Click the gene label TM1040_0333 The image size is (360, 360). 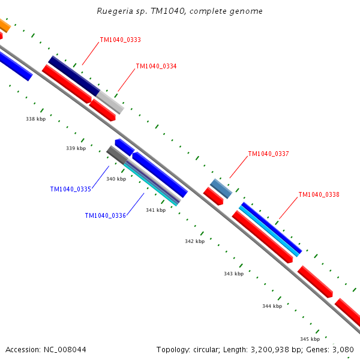point(120,40)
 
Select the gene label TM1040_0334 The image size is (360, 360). point(156,66)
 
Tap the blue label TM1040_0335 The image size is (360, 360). point(70,189)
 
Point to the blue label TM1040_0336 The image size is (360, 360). point(105,215)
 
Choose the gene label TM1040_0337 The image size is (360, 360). point(268,154)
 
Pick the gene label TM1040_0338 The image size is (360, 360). point(319,194)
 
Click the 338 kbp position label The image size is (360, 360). point(35,119)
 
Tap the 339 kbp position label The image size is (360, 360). point(76,148)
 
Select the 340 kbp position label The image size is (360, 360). point(116,179)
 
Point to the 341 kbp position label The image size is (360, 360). point(155,210)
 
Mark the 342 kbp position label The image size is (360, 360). point(194,241)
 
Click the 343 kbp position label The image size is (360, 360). point(233,274)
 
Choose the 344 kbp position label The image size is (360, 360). point(272,306)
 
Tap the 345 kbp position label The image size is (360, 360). point(310,339)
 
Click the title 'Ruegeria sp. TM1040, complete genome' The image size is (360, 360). point(179,11)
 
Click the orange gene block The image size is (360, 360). point(4,26)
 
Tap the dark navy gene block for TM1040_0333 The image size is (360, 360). point(74,76)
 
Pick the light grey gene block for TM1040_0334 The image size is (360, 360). point(110,102)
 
